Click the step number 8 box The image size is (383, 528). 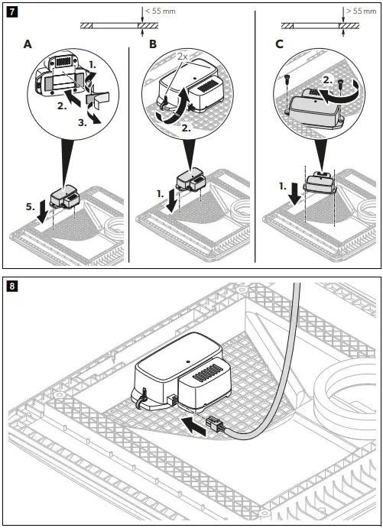pyautogui.click(x=13, y=287)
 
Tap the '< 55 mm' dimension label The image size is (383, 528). pyautogui.click(x=163, y=11)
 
